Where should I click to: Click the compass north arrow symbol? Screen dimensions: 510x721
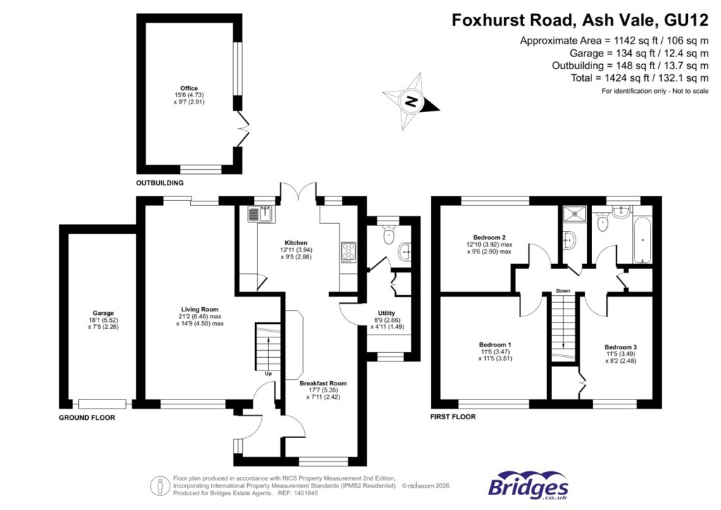click(x=410, y=103)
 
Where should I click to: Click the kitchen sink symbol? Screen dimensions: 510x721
click(x=260, y=213)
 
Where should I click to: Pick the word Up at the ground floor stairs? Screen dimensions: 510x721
click(x=268, y=373)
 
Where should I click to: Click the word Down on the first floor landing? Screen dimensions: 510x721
click(x=563, y=290)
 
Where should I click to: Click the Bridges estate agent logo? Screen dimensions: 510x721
click(x=529, y=486)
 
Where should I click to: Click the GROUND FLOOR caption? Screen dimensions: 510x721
click(x=86, y=418)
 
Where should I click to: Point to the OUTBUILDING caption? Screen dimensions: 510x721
click(x=160, y=183)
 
